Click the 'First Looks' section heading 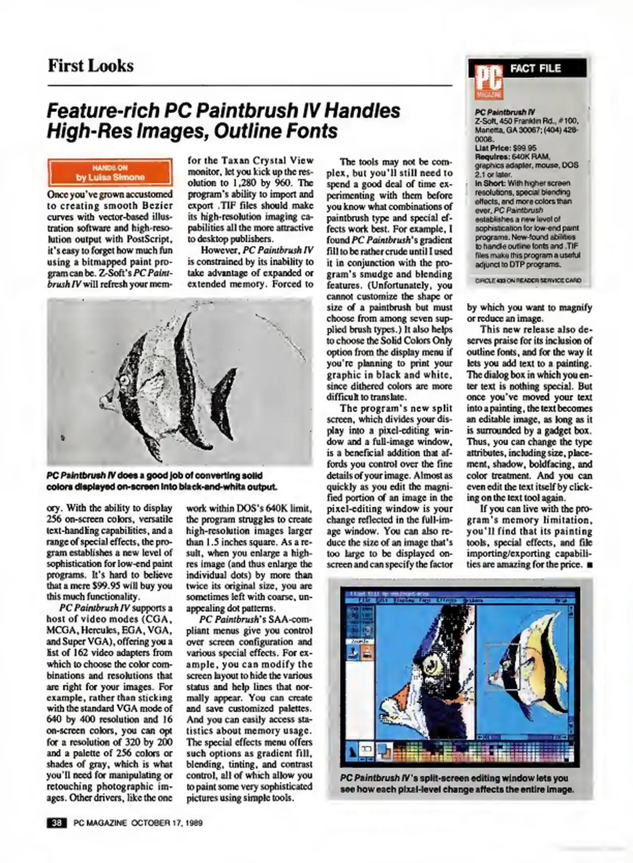(90, 66)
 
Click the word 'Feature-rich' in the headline (102, 111)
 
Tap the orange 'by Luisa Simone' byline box (110, 172)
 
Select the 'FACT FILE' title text (535, 68)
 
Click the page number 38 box (57, 823)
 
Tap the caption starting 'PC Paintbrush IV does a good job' (162, 481)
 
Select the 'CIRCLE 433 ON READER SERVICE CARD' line (528, 280)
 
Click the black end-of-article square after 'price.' (589, 565)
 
